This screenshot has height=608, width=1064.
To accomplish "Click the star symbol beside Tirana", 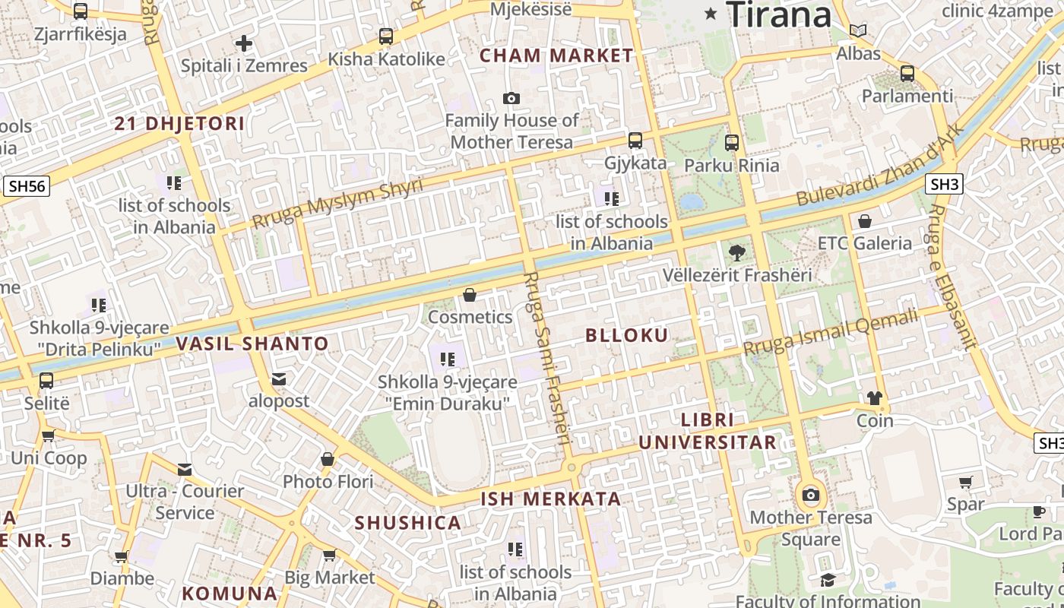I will [x=711, y=13].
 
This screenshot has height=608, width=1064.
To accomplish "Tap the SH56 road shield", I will [x=27, y=186].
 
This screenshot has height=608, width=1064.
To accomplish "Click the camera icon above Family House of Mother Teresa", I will [x=511, y=98].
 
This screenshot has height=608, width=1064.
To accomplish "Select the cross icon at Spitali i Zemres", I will [x=244, y=43].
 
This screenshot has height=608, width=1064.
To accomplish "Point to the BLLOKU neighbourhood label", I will [x=627, y=335].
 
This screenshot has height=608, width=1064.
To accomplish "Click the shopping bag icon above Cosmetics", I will [x=470, y=295].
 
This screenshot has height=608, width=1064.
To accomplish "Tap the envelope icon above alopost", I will [x=279, y=378].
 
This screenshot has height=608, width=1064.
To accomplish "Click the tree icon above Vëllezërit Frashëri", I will [x=736, y=253].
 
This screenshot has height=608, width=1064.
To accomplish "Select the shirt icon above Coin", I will [x=875, y=398].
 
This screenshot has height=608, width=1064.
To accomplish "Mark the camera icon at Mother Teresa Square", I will [x=811, y=496].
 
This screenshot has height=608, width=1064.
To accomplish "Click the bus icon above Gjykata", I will [x=635, y=141].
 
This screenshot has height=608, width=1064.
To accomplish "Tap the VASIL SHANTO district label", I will [x=252, y=344].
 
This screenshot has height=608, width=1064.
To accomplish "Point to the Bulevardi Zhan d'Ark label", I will [x=880, y=164].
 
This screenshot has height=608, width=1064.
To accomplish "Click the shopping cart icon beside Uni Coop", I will [x=48, y=436].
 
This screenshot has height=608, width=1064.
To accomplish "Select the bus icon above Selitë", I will [x=46, y=380].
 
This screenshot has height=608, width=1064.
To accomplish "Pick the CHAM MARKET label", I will [x=556, y=55].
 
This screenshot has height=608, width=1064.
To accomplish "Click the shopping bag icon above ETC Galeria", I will [x=864, y=221].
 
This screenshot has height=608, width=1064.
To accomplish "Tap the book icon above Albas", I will [x=858, y=31].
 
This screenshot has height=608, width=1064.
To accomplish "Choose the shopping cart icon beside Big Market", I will [x=329, y=556].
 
